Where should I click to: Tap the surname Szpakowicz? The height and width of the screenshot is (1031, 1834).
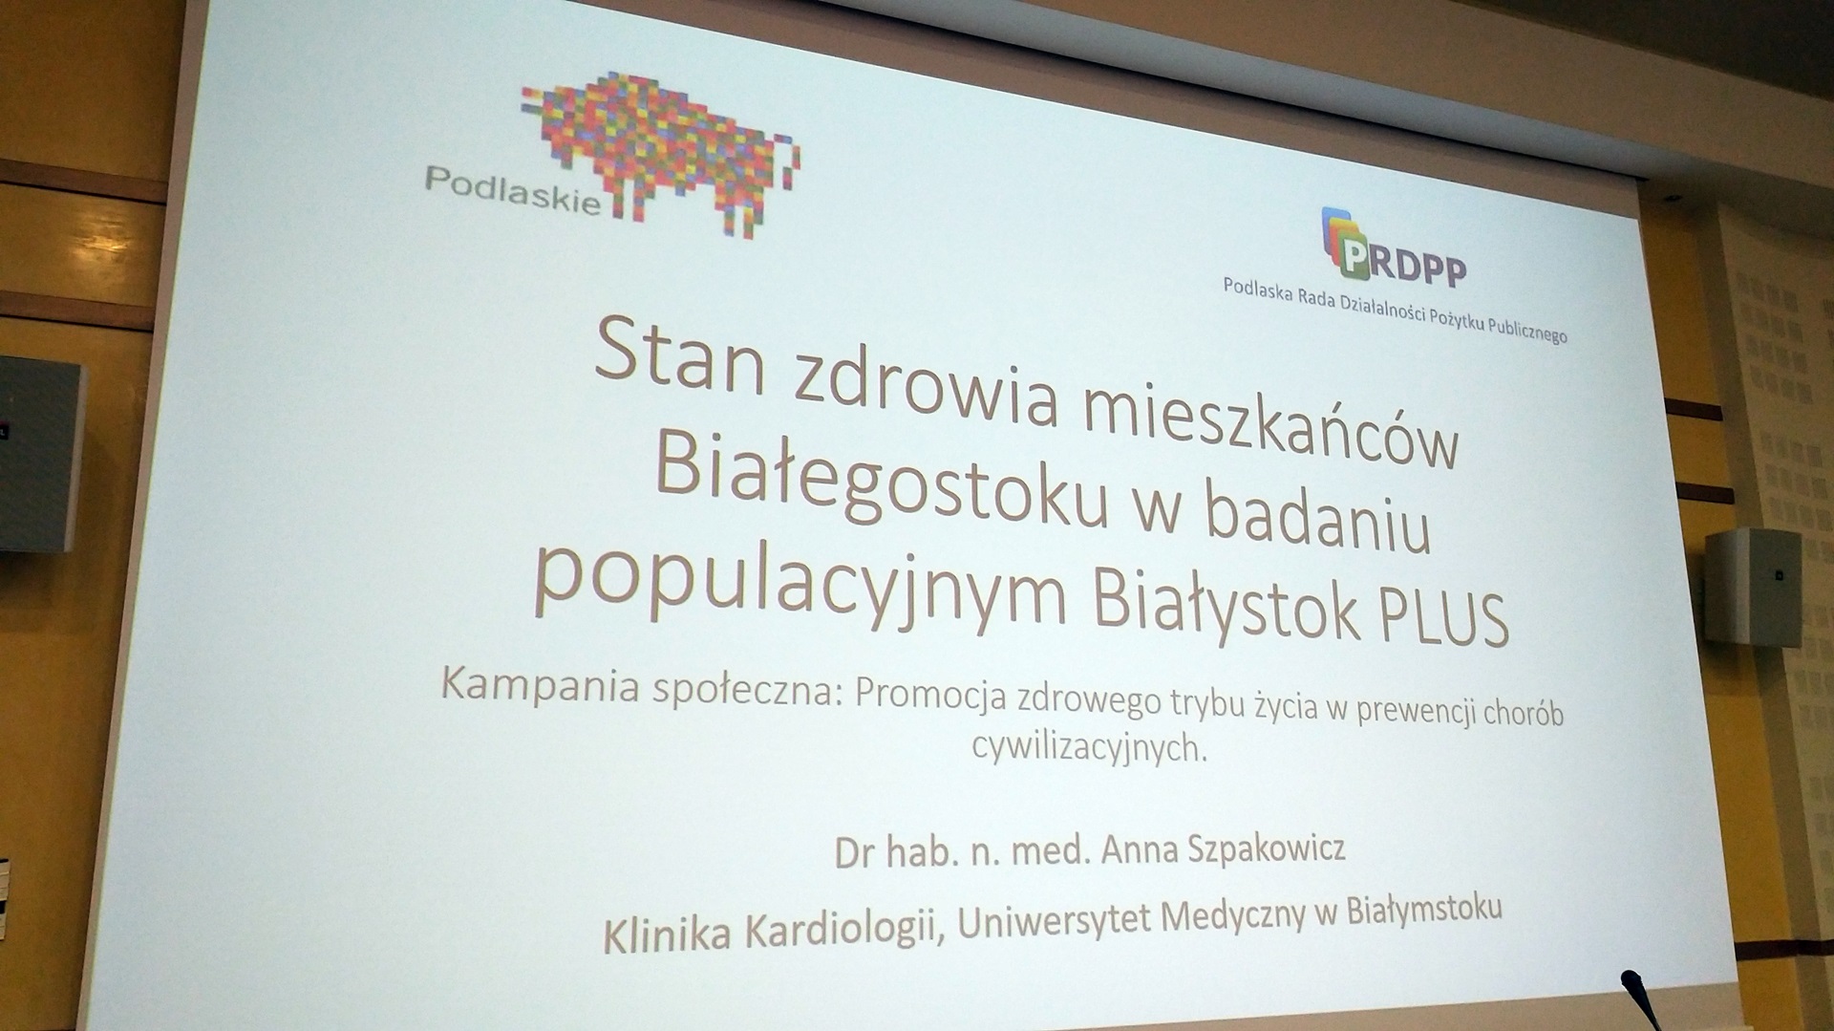point(1266,848)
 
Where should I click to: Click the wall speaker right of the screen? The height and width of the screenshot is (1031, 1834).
point(1754,585)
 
